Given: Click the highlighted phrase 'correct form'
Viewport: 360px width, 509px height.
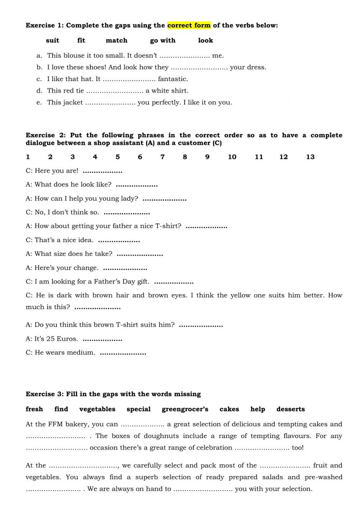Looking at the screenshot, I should (x=189, y=26).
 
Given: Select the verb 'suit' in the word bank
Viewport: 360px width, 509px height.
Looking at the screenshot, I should (x=53, y=40).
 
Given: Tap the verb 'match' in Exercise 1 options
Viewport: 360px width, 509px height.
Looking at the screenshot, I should (x=116, y=40).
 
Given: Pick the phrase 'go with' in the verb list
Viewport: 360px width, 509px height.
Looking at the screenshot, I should (x=163, y=40).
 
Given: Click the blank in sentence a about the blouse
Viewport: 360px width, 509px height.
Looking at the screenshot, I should (x=184, y=56).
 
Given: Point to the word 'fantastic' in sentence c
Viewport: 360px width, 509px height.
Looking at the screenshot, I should (x=173, y=79).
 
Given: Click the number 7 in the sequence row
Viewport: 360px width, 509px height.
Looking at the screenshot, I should (x=162, y=157).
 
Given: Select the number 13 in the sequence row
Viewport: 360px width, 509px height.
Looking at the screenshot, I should (x=310, y=157).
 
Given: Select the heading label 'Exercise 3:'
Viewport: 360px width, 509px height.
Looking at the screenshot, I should (x=45, y=394).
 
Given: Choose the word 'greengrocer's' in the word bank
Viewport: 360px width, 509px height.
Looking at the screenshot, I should (x=185, y=409).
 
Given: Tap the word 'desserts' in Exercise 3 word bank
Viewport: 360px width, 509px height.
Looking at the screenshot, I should (x=291, y=409).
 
